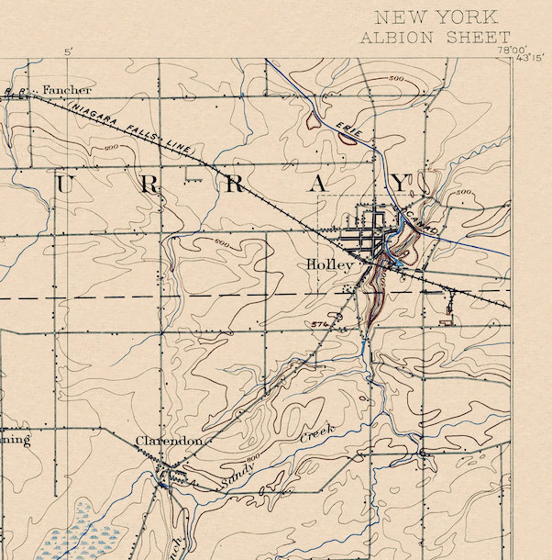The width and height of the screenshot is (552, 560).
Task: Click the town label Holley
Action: (x=330, y=265)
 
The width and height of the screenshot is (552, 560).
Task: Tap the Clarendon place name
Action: (x=169, y=441)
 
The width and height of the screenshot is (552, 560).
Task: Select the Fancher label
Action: (x=67, y=90)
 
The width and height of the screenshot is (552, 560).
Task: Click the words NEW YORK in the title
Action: (x=437, y=17)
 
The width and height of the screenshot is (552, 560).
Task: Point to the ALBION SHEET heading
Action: (x=435, y=38)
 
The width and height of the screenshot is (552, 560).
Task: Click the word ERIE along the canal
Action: (x=349, y=129)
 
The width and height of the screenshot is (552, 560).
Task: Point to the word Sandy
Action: (x=238, y=475)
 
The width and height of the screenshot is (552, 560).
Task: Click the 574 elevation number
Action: (x=319, y=324)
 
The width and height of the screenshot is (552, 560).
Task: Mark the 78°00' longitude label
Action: (x=512, y=50)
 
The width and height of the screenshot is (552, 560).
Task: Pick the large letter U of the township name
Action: (x=65, y=184)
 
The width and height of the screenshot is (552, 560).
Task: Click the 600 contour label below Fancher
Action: (x=111, y=148)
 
